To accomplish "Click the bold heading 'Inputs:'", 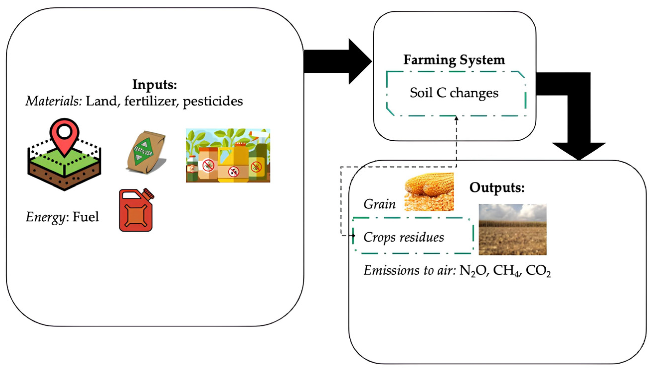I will pos(155,85).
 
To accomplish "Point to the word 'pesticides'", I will pos(213,101).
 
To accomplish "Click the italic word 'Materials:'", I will pos(53,101).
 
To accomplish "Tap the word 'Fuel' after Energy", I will pos(85,217).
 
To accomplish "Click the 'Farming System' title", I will pos(454,60).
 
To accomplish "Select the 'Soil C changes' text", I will pos(454,93).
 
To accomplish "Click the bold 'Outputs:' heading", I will pos(497,188).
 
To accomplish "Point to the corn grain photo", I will pos(429,192).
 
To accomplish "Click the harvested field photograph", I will pos(512,229).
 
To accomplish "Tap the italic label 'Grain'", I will pos(380,204).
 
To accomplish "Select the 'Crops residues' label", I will pos(404,237).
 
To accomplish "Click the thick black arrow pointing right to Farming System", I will pos(337,61).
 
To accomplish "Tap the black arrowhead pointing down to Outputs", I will pos(579,151).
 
